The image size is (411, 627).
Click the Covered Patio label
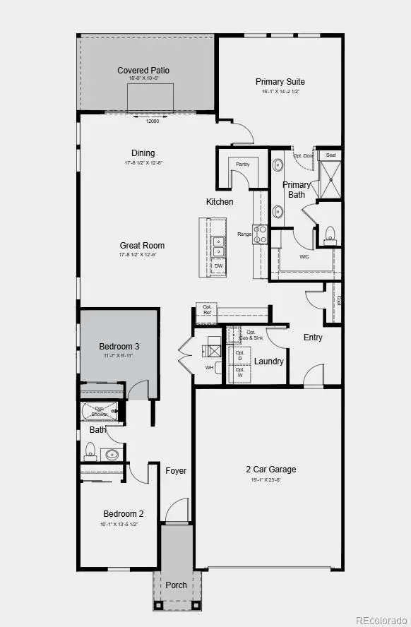(x=143, y=71)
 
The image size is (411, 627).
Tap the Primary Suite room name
(x=278, y=82)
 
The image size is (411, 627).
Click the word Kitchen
(x=220, y=202)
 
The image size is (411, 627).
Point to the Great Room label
(x=142, y=246)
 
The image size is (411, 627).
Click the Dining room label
(x=143, y=153)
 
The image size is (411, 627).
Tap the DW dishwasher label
(x=219, y=265)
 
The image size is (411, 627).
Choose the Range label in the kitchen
(x=244, y=234)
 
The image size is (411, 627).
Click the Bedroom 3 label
(x=119, y=347)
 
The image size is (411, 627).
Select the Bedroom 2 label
(x=124, y=514)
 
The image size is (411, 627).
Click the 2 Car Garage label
(x=271, y=470)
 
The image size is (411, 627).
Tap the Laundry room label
(x=269, y=362)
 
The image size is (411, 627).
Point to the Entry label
(x=313, y=338)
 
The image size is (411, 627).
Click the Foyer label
(x=176, y=471)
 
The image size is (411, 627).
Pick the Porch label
(x=176, y=585)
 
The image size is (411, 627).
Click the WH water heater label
(x=209, y=368)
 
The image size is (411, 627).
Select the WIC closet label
(x=304, y=256)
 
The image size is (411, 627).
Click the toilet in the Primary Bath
(x=330, y=234)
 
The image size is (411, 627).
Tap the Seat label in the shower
(x=330, y=155)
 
